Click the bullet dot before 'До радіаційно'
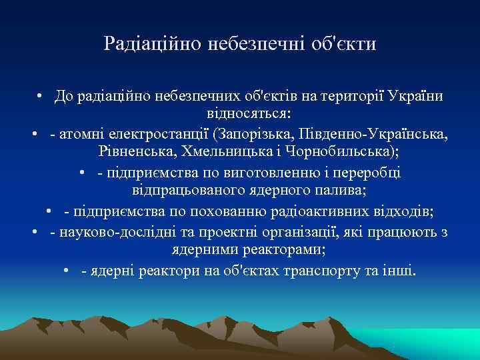[x=41, y=97]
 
